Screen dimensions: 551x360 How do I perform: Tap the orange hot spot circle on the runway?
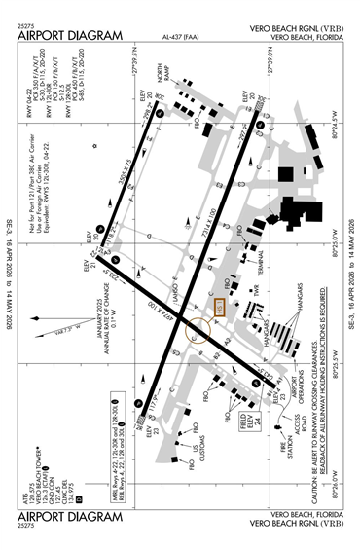pyautogui.click(x=198, y=327)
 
